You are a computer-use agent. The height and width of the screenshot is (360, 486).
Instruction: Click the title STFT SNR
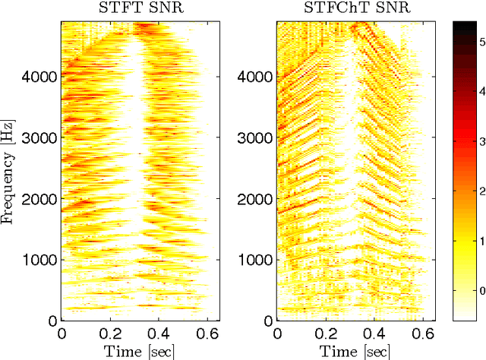tap(134, 9)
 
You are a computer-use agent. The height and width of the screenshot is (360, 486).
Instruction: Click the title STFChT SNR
tap(352, 9)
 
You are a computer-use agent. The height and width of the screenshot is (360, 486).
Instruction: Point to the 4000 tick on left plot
tap(43, 77)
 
